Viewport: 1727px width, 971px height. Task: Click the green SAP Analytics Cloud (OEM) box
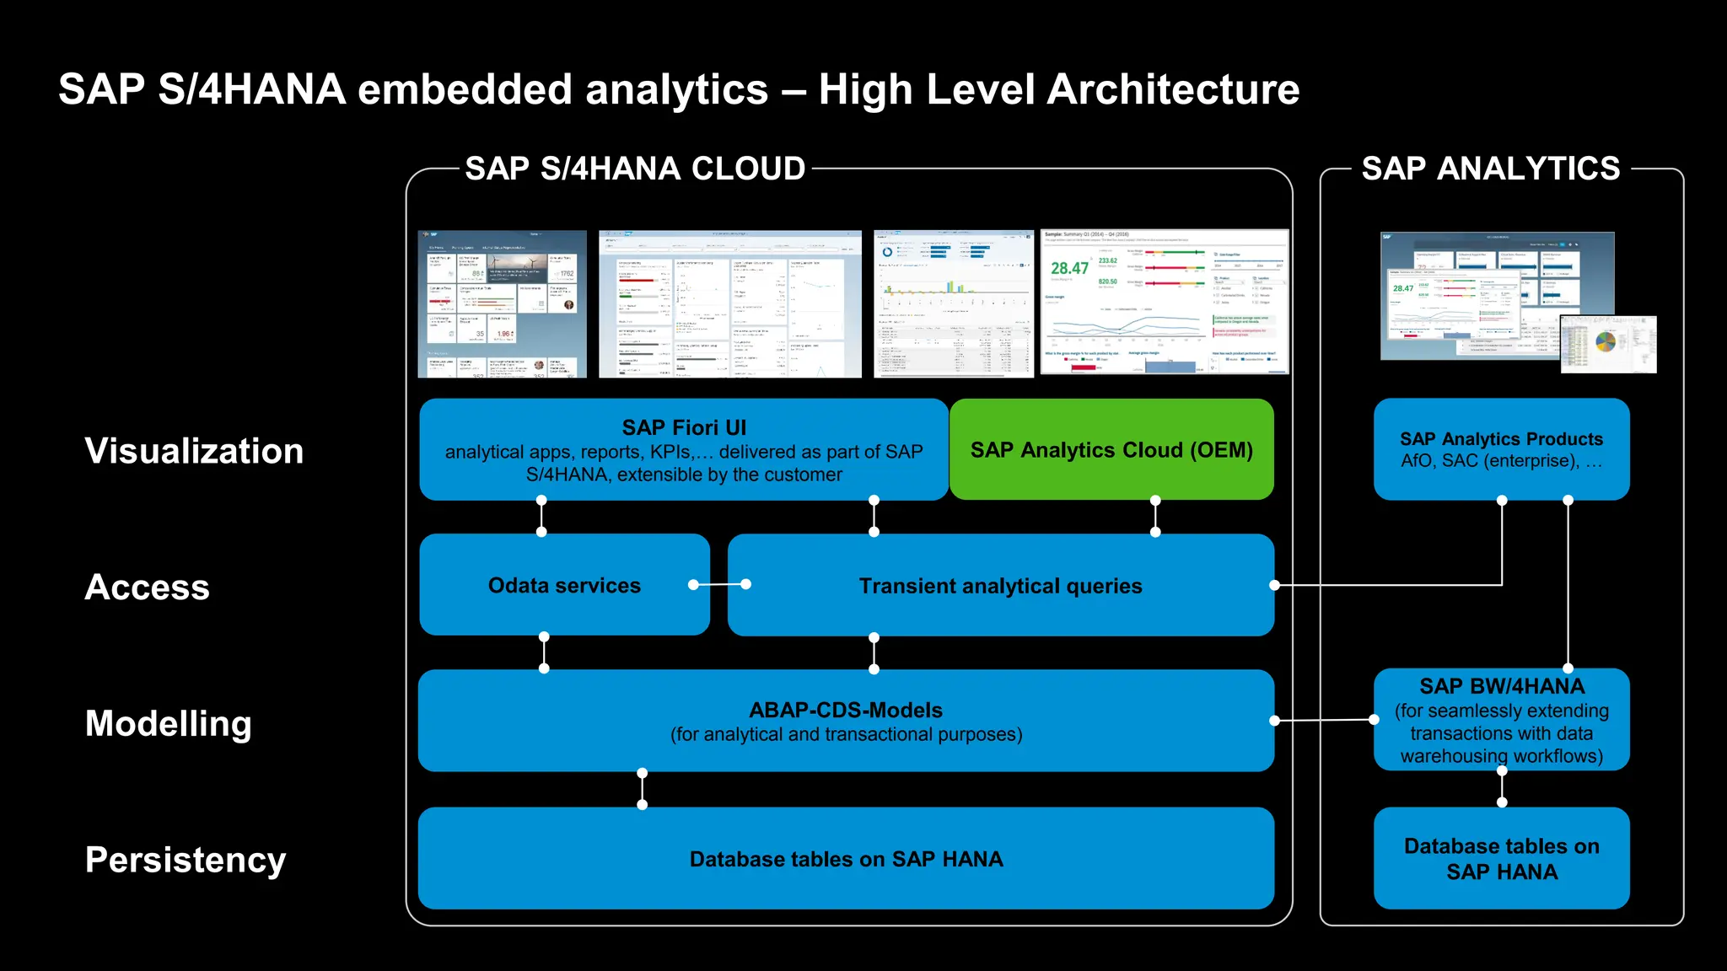point(1111,450)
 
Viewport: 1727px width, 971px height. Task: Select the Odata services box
point(564,585)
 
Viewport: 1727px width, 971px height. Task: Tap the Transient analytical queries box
point(1000,586)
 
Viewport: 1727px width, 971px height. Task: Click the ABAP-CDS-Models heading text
point(846,710)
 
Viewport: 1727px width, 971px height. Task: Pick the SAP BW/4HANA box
point(1501,720)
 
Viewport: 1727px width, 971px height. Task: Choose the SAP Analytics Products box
point(1501,449)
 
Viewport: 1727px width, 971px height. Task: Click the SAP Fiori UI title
point(684,427)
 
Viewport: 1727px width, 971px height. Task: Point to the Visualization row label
point(194,451)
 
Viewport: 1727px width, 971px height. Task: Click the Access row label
point(147,587)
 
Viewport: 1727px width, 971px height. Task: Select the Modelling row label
point(169,723)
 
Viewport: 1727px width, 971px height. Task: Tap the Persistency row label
point(186,860)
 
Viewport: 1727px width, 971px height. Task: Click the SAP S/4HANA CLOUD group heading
point(635,169)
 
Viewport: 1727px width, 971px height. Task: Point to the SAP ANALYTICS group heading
point(1490,169)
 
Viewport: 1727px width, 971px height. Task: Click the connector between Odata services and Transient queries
point(719,584)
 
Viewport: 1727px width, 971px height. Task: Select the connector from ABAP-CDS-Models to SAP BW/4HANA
point(1324,720)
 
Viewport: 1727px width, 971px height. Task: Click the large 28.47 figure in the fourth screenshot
point(1069,268)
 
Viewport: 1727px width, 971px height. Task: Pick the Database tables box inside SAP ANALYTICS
point(1501,858)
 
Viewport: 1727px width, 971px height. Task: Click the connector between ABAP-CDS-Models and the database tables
point(643,789)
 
